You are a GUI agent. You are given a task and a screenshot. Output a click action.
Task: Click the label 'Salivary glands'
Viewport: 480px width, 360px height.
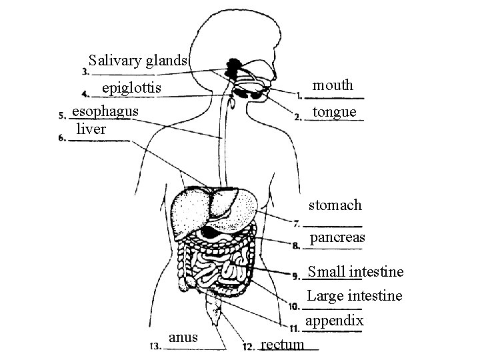[x=139, y=61]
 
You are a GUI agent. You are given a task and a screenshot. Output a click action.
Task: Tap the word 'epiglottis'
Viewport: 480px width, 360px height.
[x=131, y=88]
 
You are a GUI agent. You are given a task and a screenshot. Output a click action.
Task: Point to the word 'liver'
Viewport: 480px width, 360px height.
[x=91, y=129]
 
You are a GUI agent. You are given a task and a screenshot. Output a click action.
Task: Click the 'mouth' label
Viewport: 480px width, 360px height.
[x=333, y=85]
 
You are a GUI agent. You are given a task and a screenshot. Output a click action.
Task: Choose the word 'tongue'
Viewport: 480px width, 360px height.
[x=335, y=111]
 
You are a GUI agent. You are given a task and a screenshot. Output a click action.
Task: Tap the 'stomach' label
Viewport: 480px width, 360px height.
[x=335, y=205]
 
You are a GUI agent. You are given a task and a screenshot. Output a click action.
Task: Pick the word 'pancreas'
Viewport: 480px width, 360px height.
[x=337, y=237]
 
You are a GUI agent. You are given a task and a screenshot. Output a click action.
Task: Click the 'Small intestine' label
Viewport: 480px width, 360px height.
[x=355, y=272]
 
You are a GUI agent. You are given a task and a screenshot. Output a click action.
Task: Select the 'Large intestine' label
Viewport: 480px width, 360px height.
[x=354, y=295]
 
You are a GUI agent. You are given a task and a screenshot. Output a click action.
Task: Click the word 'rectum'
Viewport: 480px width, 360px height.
[x=282, y=344]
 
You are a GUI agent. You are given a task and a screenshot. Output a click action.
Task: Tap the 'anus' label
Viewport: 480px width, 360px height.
[x=183, y=337]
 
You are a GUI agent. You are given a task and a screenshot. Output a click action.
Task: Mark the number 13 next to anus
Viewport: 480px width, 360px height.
[x=154, y=346]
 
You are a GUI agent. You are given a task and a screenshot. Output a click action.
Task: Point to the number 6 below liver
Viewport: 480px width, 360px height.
[x=62, y=139]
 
